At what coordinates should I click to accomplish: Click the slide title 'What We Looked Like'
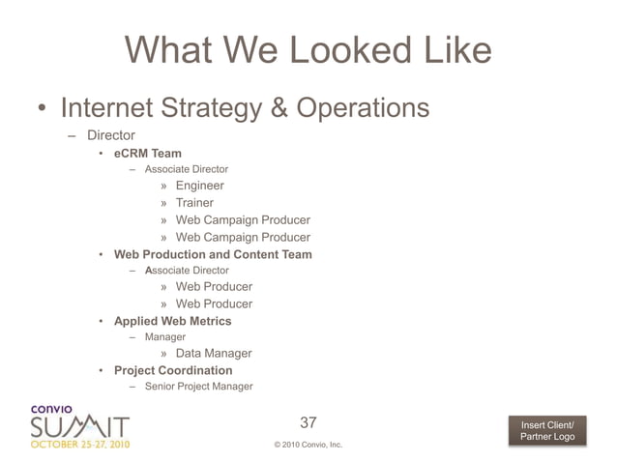pos(308,50)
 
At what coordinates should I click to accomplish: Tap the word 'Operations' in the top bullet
pos(364,106)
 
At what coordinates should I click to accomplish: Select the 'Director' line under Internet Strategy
pos(110,135)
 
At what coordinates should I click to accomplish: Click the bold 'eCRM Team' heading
pos(147,153)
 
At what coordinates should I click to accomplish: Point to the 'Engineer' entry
pos(199,186)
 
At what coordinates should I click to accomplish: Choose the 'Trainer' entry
pos(194,203)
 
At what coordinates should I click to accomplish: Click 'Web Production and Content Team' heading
pos(213,254)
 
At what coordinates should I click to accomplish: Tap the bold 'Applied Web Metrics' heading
pos(172,321)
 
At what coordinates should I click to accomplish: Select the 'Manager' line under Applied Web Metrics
pos(164,337)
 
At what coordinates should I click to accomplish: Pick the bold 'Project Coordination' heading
pos(173,370)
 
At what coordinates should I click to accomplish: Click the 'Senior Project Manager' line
pos(198,387)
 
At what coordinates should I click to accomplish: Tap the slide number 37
pos(308,422)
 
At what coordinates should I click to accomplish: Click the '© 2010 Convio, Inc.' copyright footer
pos(308,445)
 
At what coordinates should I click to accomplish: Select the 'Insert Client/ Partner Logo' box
pos(547,431)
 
